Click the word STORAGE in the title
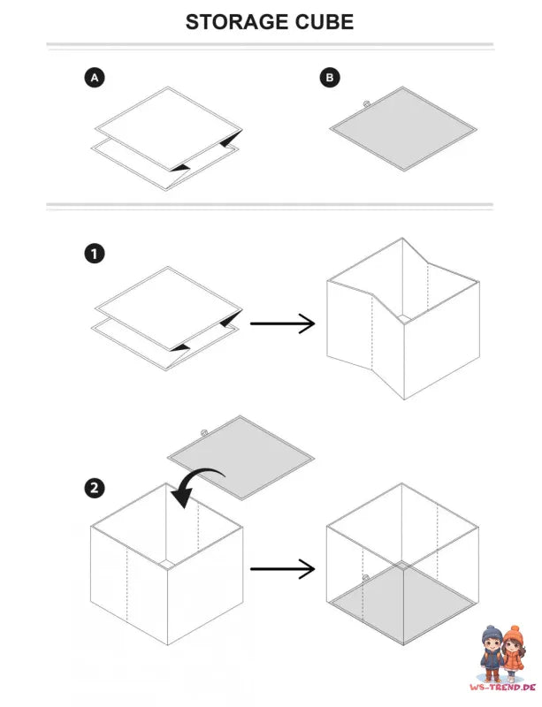[x=235, y=22]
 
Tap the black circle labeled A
[x=95, y=78]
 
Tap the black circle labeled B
[x=330, y=78]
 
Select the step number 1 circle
[x=95, y=254]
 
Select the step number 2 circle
[x=95, y=489]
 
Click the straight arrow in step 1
[x=283, y=323]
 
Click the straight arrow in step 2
[x=283, y=568]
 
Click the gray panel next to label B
[x=403, y=129]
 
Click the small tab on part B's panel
[x=366, y=104]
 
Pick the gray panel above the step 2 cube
[x=241, y=458]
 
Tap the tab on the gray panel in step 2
[x=204, y=433]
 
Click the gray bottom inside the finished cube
[x=402, y=603]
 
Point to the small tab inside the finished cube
[x=365, y=578]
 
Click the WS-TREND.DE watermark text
[x=502, y=688]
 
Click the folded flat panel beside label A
[x=167, y=139]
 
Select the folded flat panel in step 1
[x=167, y=319]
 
